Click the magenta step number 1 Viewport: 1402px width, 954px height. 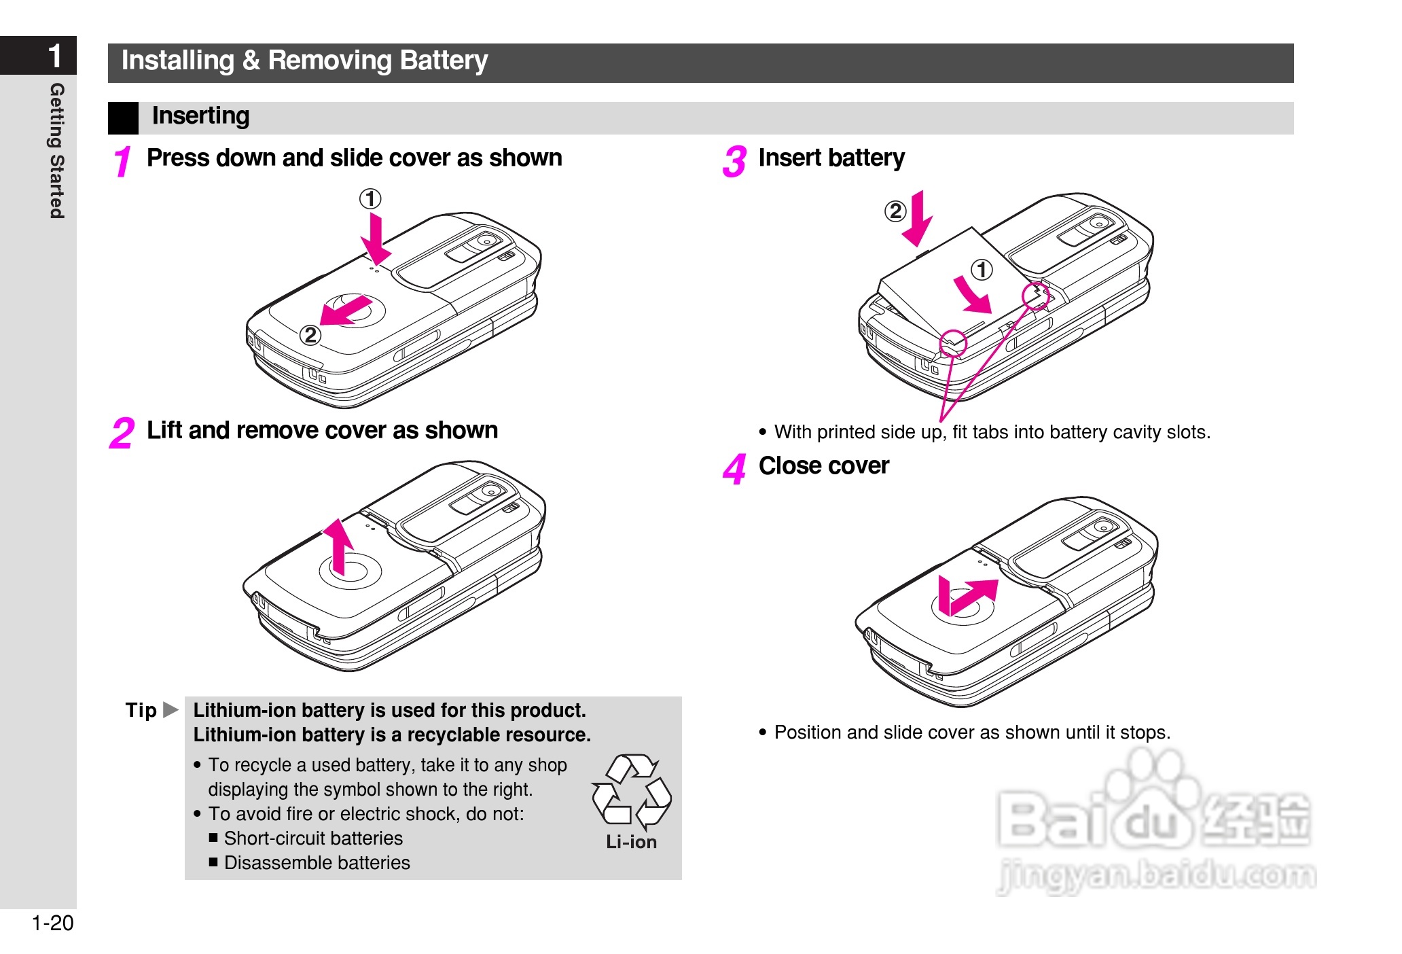tap(122, 162)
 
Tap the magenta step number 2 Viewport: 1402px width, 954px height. tap(122, 434)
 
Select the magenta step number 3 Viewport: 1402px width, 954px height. tap(734, 162)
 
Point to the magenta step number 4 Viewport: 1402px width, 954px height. tap(734, 470)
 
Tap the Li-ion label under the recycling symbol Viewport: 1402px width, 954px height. tap(632, 843)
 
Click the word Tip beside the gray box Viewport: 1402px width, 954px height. tap(141, 711)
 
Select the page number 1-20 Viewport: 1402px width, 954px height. tap(52, 923)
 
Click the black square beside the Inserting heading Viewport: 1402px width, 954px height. tap(123, 118)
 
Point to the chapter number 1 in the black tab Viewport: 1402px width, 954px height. tap(56, 56)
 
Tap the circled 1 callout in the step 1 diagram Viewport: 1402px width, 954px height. tap(370, 199)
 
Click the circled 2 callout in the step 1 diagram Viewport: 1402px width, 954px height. tap(310, 335)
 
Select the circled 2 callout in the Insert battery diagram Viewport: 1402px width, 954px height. tap(895, 211)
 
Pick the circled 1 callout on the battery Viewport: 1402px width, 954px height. tap(982, 270)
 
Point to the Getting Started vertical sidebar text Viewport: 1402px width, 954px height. tap(57, 151)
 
